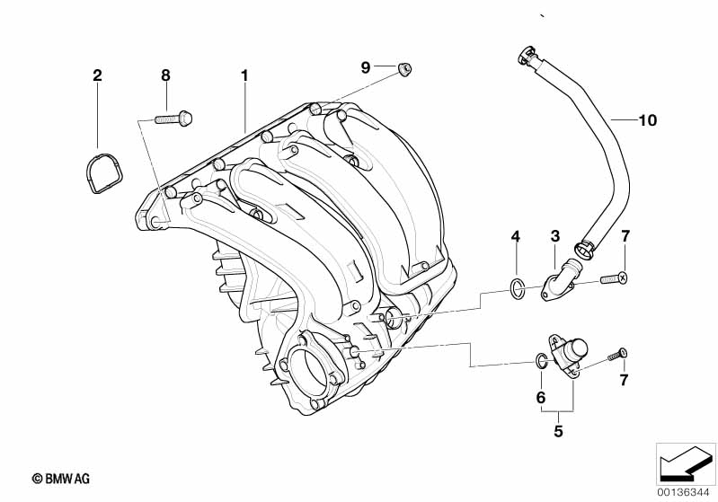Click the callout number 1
click(x=244, y=75)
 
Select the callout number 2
click(x=97, y=75)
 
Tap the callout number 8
click(x=165, y=75)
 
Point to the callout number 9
click(x=366, y=67)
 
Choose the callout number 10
click(x=648, y=119)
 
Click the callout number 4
click(x=515, y=236)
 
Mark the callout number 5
click(x=558, y=431)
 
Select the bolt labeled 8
click(x=172, y=117)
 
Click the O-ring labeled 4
click(x=516, y=288)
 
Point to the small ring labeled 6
click(x=540, y=361)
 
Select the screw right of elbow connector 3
click(x=613, y=278)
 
